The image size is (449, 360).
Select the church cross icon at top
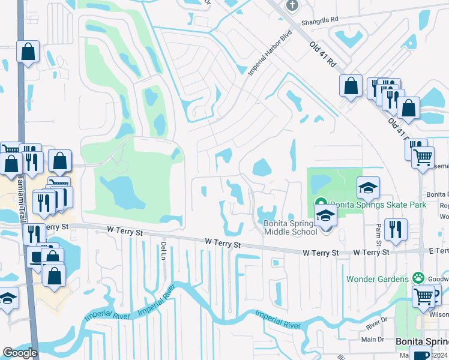tap(292, 5)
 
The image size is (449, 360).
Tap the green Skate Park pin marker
tap(321, 205)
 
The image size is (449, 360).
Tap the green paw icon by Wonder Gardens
tap(415, 278)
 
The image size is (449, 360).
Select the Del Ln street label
tap(163, 251)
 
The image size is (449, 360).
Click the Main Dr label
tap(372, 339)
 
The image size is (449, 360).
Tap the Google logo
tap(20, 353)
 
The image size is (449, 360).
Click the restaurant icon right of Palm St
tap(396, 229)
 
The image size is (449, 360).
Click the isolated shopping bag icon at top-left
tap(28, 52)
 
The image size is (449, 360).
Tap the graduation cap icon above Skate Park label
tap(368, 188)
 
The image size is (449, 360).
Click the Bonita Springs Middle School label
tap(291, 227)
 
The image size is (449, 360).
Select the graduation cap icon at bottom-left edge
tap(7, 299)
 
